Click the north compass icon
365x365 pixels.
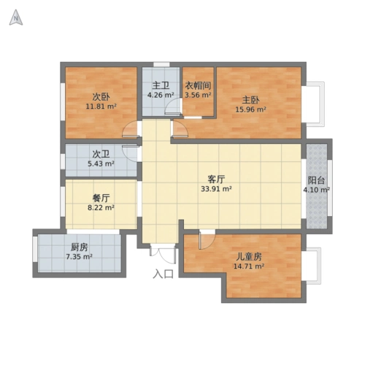click(15, 20)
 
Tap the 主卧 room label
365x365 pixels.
click(250, 99)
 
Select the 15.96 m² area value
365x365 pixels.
click(250, 110)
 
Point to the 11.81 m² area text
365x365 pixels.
click(101, 107)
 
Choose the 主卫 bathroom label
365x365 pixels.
click(161, 85)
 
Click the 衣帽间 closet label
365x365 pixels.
click(197, 85)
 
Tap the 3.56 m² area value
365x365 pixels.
click(197, 94)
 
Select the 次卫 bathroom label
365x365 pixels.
click(101, 154)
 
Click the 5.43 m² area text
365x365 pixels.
click(101, 164)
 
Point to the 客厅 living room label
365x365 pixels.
click(216, 178)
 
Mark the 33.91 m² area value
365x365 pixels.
click(216, 188)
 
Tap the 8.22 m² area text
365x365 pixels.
click(101, 207)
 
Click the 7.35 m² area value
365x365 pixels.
click(79, 257)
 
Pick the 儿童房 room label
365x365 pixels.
click(249, 257)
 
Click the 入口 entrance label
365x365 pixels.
click(164, 274)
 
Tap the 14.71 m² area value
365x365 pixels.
click(249, 267)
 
